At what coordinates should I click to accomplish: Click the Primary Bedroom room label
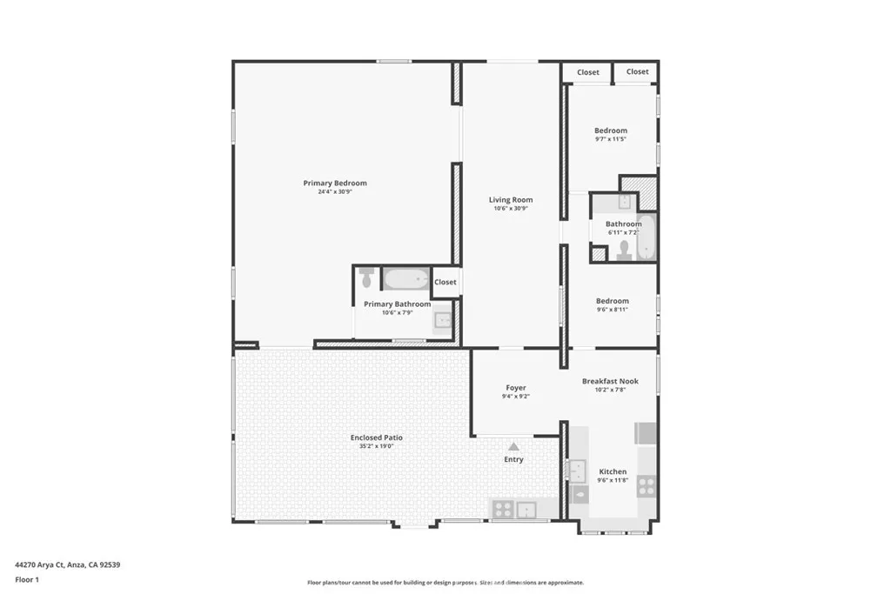tap(335, 184)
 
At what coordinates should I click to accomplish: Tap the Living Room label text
tap(511, 200)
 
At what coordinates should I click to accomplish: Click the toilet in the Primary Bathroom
tap(367, 277)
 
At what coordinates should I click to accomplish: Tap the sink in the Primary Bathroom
tap(443, 321)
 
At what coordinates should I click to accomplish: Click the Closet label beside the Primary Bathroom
tap(445, 282)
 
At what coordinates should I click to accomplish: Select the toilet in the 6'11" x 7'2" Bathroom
tap(623, 250)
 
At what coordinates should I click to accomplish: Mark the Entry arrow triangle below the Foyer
tap(513, 446)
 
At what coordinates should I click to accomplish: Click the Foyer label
tap(516, 388)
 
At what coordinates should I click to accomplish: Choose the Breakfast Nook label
tap(610, 381)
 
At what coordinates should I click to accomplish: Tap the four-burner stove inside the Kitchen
tap(646, 485)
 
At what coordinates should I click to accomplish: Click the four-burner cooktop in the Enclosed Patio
tap(503, 510)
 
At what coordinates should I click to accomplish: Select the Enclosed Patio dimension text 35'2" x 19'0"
tap(376, 446)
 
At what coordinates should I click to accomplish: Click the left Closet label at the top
tap(588, 72)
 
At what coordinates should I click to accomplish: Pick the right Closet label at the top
tap(638, 71)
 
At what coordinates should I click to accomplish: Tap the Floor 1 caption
tap(29, 579)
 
